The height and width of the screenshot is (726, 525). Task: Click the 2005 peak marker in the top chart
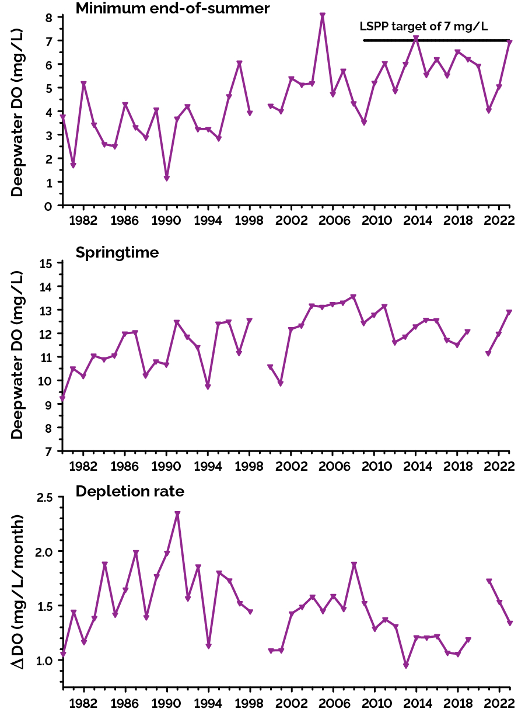coord(323,16)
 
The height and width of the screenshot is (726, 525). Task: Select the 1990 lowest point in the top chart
coord(166,178)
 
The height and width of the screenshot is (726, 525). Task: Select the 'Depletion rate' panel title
coord(129,491)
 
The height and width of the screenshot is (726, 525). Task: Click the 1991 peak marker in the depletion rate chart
coord(177,514)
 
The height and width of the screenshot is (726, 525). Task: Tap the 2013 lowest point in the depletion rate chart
coord(406,666)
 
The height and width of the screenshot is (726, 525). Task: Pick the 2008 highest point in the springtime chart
coord(353,297)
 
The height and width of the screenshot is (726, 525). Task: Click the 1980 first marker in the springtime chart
coord(62,398)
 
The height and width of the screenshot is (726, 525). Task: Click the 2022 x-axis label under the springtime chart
coord(499,467)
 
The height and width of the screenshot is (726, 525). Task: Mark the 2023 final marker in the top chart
coord(510,42)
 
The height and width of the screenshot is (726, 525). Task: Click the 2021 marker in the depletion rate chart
coord(489,581)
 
